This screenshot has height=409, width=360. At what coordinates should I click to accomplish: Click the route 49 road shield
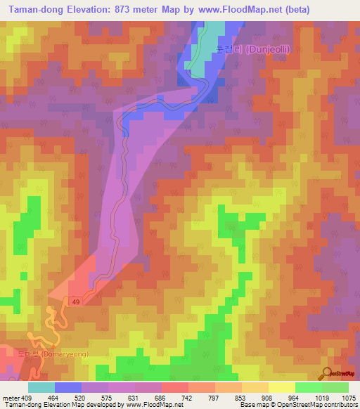[74, 301]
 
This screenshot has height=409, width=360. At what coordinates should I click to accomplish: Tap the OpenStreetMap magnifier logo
[326, 372]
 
